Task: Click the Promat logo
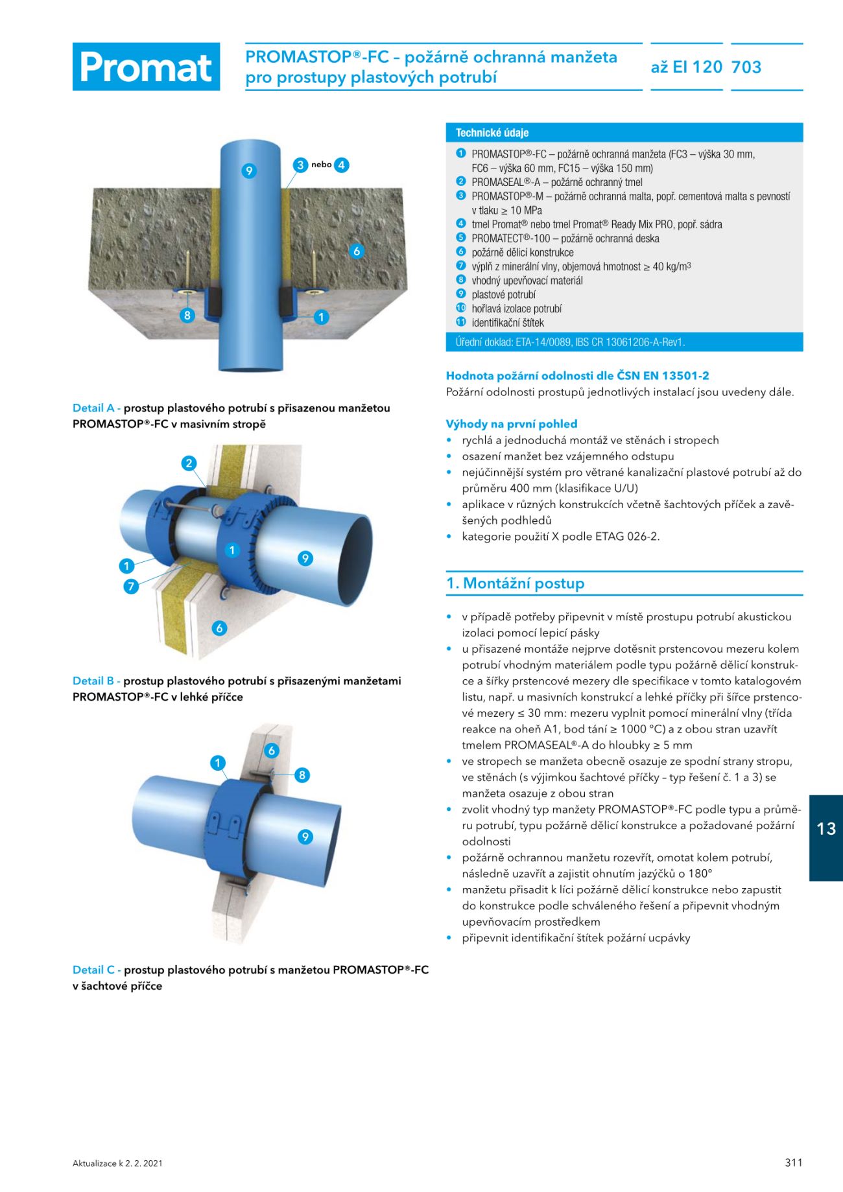146,67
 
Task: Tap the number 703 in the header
746,67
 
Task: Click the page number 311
793,1162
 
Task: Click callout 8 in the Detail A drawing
187,316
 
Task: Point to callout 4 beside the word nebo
341,165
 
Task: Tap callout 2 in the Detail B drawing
189,463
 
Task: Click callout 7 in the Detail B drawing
131,586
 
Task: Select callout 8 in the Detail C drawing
302,775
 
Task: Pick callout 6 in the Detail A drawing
357,251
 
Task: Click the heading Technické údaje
492,133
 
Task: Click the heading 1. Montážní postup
516,583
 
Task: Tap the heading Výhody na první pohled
511,424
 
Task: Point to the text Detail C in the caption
93,970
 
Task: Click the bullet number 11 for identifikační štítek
461,322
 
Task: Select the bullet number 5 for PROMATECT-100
461,238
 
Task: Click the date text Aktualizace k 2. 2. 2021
117,1163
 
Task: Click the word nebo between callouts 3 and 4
321,165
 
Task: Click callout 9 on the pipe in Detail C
305,837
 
